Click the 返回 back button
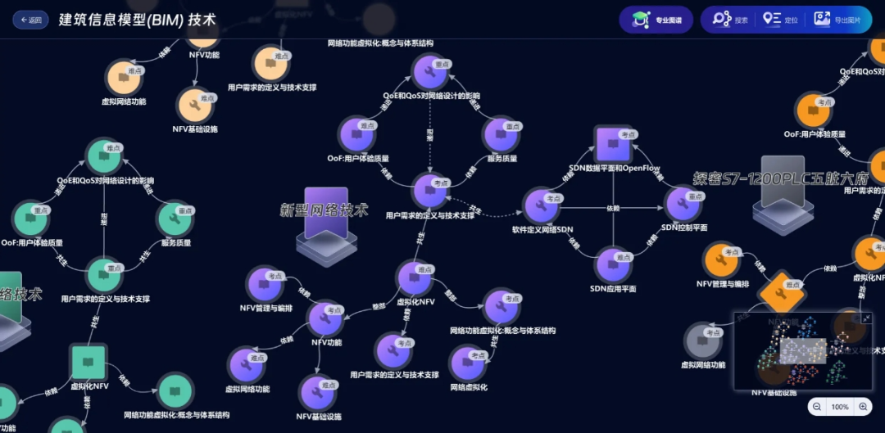[30, 20]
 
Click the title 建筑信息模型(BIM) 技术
[138, 20]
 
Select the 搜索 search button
[730, 20]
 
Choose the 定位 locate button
[780, 20]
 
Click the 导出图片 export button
[837, 20]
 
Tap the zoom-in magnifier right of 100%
[863, 406]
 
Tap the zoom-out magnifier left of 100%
[817, 406]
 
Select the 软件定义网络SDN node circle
[542, 205]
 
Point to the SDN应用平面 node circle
[613, 265]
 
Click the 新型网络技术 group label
[324, 210]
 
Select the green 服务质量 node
[175, 219]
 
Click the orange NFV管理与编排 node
[723, 260]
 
